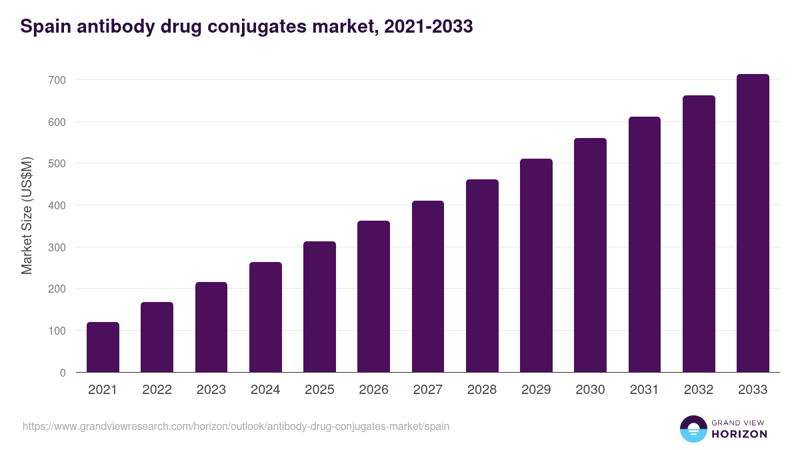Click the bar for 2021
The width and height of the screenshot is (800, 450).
pos(103,347)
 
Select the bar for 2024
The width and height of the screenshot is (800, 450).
pos(265,317)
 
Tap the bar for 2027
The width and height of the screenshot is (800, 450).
pos(428,287)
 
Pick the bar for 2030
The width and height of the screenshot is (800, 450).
pos(590,255)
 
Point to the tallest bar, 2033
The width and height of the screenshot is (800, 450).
pos(753,223)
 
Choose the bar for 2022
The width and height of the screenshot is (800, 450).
pos(157,337)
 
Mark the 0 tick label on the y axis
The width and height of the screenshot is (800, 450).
pos(62,373)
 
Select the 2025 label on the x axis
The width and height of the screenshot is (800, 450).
pos(319,390)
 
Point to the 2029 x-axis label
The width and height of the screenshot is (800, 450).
pos(536,390)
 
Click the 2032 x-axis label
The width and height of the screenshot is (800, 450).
pos(699,390)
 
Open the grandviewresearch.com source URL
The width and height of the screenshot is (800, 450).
pos(236,426)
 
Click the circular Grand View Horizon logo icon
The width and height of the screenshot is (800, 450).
pos(693,429)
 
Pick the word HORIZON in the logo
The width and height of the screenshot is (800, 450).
pos(739,434)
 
